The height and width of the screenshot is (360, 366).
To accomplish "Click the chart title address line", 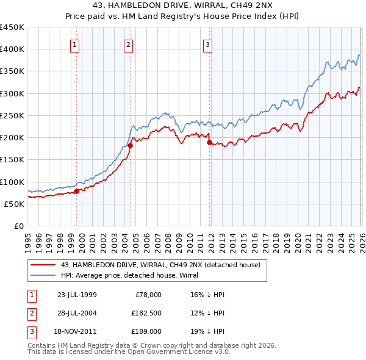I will tap(183, 6).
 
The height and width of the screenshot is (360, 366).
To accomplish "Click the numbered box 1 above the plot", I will tap(74, 44).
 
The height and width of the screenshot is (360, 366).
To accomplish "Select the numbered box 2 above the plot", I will tap(129, 44).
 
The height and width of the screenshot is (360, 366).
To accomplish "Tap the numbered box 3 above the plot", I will tap(207, 44).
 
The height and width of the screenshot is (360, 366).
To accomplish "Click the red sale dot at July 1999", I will tap(76, 191).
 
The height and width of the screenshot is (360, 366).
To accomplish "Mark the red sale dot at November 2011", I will tap(209, 142).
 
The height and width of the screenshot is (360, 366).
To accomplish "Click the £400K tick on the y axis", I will tap(12, 49).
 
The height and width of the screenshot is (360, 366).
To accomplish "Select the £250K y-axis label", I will tap(12, 115).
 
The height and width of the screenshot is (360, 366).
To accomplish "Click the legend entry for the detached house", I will tap(160, 265).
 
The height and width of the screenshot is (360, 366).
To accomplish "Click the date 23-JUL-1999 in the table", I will tap(77, 295).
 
